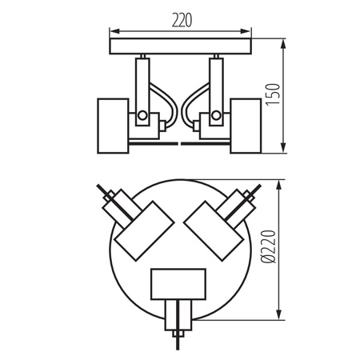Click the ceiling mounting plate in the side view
coord(180,48)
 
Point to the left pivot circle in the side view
coord(142,116)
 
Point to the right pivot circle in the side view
coord(216,116)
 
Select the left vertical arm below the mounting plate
coord(142,84)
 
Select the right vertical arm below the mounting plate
coord(215,84)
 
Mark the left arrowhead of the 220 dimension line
coord(111,34)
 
